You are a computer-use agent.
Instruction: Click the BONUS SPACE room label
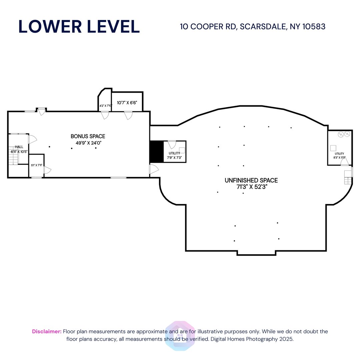coord(88,136)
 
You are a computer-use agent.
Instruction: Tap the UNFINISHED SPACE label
coord(251,180)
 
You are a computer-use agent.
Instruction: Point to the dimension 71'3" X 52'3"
coord(251,187)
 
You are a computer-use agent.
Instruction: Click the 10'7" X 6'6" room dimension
coord(127,103)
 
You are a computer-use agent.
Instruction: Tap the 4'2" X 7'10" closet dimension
coord(106,106)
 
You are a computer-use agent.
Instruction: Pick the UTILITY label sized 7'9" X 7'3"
coord(174,153)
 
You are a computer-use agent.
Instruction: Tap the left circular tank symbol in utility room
coord(340,135)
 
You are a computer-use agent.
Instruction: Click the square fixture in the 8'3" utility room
coord(333,148)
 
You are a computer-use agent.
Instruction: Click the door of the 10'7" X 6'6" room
coord(128,115)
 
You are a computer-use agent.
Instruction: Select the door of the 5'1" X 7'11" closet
coord(47,170)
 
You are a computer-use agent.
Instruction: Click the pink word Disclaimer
coord(47,331)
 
